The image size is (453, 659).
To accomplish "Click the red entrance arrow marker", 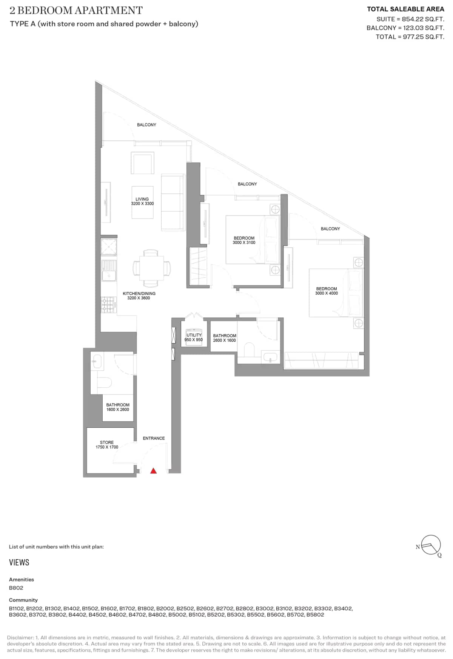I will coord(153,471).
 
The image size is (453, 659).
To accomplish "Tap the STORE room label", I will coord(107,445).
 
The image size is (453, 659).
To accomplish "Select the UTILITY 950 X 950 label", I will coord(194,337).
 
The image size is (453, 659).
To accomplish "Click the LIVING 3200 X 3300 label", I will coord(142,201).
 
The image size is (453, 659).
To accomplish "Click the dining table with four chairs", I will coord(151,268).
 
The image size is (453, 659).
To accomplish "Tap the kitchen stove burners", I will coord(108,305).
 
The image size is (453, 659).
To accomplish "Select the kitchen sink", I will coord(109,275).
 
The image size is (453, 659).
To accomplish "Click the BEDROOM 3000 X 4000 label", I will coord(327,291).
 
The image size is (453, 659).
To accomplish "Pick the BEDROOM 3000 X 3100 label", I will coord(244,240).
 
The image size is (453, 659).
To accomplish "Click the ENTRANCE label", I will coord(154,438).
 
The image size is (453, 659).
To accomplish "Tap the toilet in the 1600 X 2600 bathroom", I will coord(104,383).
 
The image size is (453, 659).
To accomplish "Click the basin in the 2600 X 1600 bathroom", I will coord(270,357).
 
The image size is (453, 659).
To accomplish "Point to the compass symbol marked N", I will coord(430,545).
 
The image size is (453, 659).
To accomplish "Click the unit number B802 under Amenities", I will coord(16,588).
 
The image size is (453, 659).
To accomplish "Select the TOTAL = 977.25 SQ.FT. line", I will coord(410,37).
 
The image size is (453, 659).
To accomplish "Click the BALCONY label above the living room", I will coord(146,125).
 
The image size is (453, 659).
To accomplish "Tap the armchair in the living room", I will coord(142,163).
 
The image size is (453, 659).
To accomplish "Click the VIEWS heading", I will coord(19,563).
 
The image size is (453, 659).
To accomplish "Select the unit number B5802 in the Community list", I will coord(315,615).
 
